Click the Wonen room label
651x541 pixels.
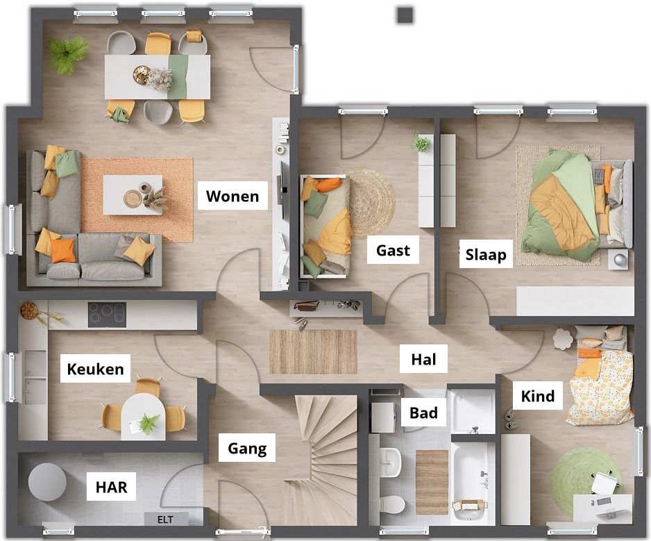232,196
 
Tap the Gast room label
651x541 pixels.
393,250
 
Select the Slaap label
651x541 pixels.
486,254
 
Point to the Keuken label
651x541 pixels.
95,369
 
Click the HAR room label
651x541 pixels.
111,487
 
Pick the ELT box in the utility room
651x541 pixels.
166,519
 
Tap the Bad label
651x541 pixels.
423,413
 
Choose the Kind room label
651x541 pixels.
538,396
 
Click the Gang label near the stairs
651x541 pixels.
247,448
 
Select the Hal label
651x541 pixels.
423,358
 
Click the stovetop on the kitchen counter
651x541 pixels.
107,315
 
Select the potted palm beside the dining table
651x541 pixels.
68,54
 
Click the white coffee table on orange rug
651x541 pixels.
133,195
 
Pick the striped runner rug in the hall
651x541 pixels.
314,351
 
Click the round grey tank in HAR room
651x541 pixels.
47,482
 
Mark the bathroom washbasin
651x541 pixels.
390,462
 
